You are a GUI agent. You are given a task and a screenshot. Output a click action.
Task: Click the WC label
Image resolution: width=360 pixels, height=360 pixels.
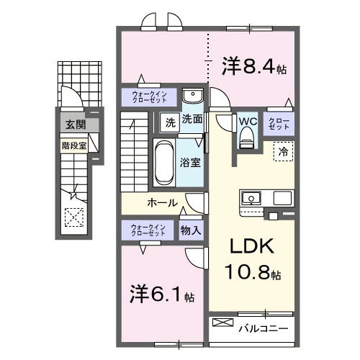(x=247, y=120)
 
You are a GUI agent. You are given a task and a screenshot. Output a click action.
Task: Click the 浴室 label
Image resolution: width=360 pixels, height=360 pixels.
(x=191, y=163)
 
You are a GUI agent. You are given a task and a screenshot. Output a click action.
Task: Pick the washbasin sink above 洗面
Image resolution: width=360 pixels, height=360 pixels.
(x=192, y=97)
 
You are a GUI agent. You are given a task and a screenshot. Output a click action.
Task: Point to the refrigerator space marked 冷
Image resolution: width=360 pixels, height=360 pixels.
(x=283, y=152)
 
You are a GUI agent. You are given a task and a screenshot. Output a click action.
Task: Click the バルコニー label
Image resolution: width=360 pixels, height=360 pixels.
(x=264, y=328)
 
